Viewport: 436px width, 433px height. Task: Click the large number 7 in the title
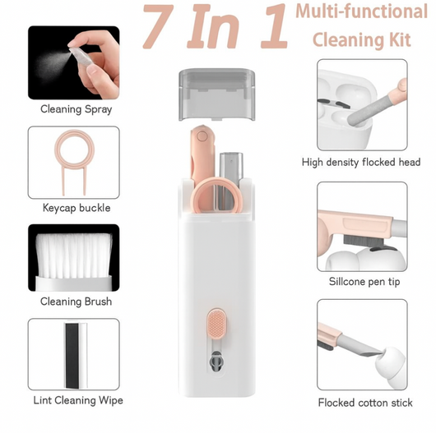coord(157,26)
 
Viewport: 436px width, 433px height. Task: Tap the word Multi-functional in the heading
coord(361,12)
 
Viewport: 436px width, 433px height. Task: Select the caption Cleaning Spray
coord(76,109)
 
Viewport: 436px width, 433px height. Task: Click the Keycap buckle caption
coord(77,208)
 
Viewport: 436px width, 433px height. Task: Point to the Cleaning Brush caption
coord(76,302)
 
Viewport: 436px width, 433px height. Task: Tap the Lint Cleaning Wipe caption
coord(78,400)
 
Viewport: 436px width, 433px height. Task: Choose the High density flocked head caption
coord(361,162)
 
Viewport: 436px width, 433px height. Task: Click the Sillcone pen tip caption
coord(364,281)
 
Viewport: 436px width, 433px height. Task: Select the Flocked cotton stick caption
coord(365,403)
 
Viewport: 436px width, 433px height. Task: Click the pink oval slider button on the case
coord(216,324)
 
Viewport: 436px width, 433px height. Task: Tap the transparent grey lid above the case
coord(216,94)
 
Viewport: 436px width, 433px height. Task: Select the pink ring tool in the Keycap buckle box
coord(74,162)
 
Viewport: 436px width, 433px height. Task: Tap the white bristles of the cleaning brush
coord(74,255)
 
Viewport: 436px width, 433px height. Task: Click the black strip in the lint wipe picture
coord(72,356)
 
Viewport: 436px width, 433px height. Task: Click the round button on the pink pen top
coord(202,136)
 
